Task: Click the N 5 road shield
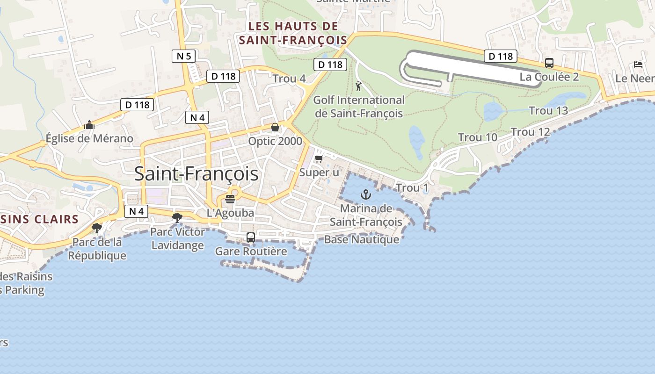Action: [183, 57]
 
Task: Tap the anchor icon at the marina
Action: [365, 194]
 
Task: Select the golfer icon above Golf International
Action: [358, 86]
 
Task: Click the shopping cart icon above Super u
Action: [319, 159]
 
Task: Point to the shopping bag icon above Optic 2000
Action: [275, 127]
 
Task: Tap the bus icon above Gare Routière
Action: [251, 237]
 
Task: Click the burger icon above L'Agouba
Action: [230, 199]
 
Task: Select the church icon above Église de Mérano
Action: [89, 125]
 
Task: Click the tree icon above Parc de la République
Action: [97, 228]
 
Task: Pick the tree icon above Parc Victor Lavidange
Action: [177, 217]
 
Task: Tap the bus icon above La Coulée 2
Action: [549, 63]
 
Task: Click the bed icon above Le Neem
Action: [638, 65]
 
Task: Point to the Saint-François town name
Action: [196, 174]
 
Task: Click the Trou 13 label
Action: [548, 111]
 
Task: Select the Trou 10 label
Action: [478, 137]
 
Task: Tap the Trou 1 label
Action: [412, 188]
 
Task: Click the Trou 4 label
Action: [289, 79]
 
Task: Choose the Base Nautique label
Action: [362, 240]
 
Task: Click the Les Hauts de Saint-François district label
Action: [293, 33]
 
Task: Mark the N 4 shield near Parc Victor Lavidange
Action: [136, 211]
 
